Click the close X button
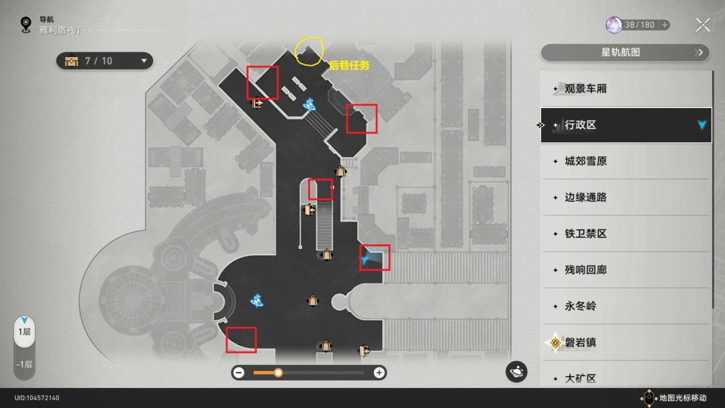[x=703, y=25]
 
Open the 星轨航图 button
[x=625, y=52]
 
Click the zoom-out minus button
[x=238, y=372]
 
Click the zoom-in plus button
[x=379, y=372]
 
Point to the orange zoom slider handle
[x=278, y=372]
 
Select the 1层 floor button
[x=24, y=331]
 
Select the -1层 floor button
[x=24, y=364]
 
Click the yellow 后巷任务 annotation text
[x=349, y=66]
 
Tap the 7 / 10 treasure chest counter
[x=105, y=61]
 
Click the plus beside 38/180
[x=665, y=25]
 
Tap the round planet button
[x=516, y=372]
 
